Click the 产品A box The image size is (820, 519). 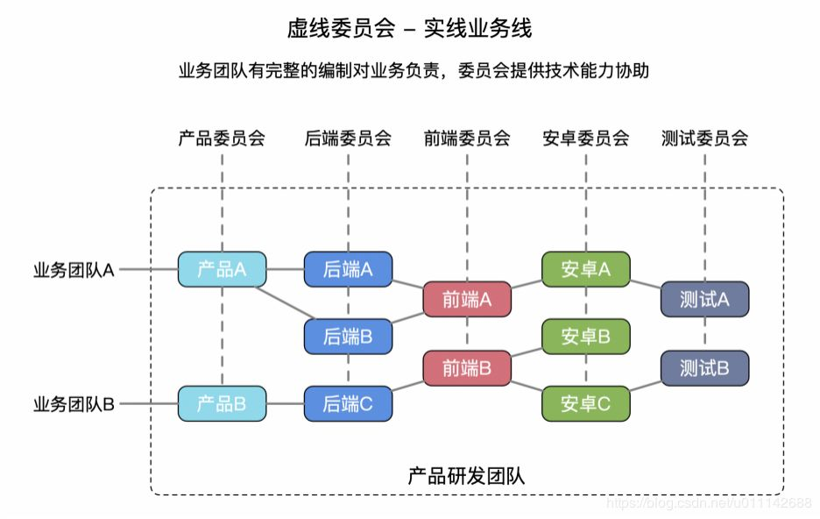(222, 269)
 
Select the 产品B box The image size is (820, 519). (222, 403)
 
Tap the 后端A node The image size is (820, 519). (348, 269)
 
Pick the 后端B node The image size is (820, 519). (348, 336)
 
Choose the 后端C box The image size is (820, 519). (348, 403)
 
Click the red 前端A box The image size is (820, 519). (467, 299)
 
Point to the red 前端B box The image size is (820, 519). (467, 368)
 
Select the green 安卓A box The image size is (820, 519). (586, 269)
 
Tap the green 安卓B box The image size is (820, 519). (586, 336)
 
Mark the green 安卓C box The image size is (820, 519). (586, 403)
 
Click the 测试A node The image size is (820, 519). (704, 299)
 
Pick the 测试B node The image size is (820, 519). (704, 368)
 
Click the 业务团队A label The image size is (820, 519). (74, 270)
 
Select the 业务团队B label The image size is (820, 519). (74, 404)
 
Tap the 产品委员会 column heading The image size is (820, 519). (222, 138)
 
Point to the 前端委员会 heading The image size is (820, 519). (467, 138)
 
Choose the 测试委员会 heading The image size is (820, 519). (704, 138)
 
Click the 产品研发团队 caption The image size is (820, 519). (466, 476)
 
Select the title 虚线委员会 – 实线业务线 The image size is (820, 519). (409, 29)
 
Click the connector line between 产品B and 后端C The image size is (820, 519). (285, 403)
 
